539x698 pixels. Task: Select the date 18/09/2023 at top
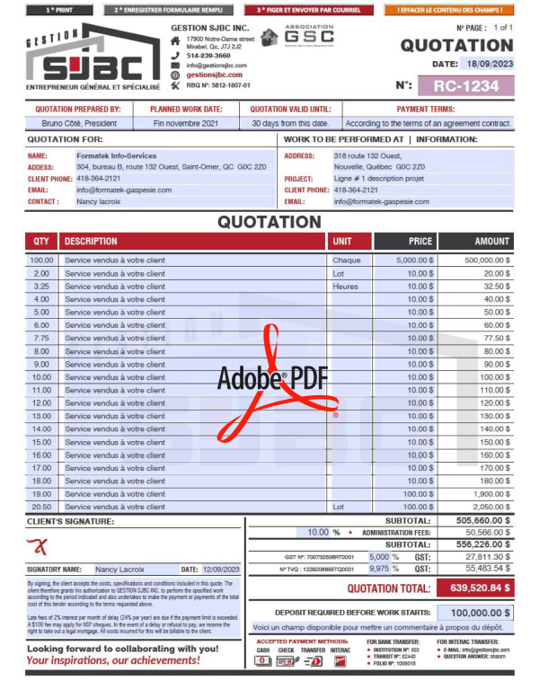click(489, 64)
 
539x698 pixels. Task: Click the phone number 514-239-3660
click(208, 56)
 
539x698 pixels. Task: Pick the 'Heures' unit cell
click(346, 286)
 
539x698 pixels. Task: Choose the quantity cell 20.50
click(41, 507)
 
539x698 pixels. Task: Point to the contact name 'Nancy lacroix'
click(98, 202)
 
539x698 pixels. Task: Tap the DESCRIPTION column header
click(91, 242)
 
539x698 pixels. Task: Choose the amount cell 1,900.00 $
click(481, 494)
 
